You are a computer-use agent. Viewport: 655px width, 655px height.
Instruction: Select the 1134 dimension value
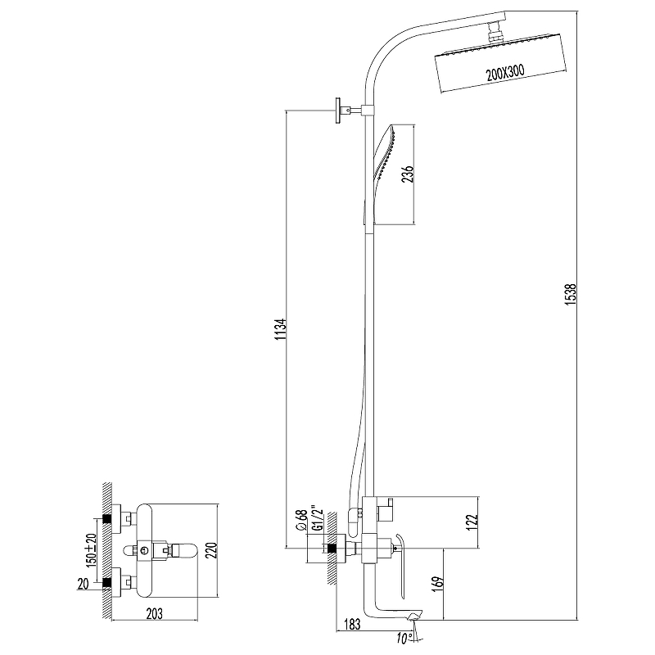[280, 329]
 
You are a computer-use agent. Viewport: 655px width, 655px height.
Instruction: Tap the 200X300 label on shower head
[505, 73]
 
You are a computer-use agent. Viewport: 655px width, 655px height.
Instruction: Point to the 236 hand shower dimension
[407, 174]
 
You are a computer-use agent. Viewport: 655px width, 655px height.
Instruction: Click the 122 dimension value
[471, 522]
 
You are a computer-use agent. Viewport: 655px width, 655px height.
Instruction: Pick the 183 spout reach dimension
[352, 625]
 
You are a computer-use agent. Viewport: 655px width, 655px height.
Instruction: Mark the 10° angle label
[404, 639]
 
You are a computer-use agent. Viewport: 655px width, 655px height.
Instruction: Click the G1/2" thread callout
[318, 519]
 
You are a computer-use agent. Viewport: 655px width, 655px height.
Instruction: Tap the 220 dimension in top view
[211, 550]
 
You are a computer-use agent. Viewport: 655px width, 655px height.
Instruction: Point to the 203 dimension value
[154, 613]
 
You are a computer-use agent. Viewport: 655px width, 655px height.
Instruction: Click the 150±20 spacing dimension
[91, 549]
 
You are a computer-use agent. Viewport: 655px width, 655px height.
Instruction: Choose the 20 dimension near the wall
[83, 584]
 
